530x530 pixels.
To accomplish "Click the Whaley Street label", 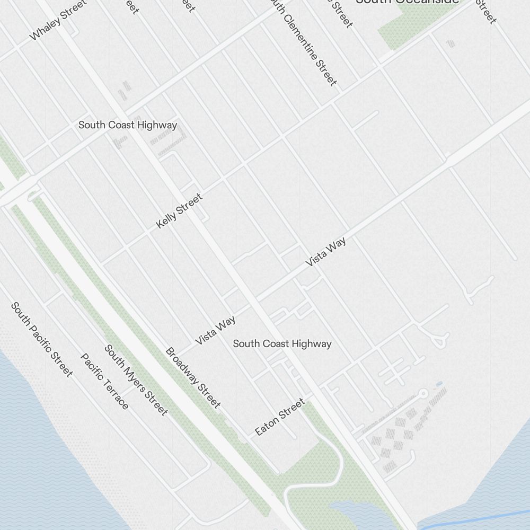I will (58, 21).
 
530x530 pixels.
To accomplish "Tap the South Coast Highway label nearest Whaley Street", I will (128, 125).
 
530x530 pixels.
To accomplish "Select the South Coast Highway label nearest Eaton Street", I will (282, 343).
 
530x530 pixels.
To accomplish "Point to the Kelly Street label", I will (179, 211).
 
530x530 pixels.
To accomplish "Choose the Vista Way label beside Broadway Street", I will (215, 330).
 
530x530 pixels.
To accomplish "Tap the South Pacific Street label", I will (41, 340).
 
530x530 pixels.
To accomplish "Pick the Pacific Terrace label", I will (104, 381).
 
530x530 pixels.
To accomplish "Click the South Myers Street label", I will (136, 380).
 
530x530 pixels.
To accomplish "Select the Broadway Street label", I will (193, 378).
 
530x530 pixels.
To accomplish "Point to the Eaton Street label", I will (280, 417).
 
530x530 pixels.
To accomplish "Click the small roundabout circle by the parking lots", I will (423, 393).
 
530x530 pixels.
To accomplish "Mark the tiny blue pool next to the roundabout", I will (438, 383).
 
